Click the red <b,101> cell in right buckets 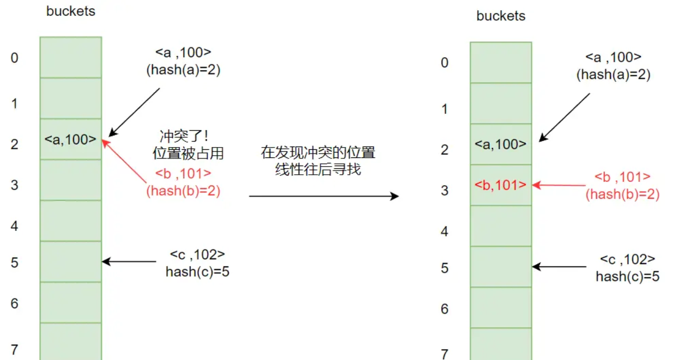pos(501,185)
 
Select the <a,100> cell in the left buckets pos(70,139)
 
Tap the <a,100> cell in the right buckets pos(501,144)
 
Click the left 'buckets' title pos(71,11)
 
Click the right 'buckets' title pos(501,16)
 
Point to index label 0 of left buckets pos(14,58)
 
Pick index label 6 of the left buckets pos(15,303)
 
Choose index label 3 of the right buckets pos(445,191)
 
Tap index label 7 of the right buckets pos(445,355)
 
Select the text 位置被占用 pos(188,154)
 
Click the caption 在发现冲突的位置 pos(318,152)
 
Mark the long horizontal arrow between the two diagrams pos(324,196)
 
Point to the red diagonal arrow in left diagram pos(129,158)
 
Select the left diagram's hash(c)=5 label pos(197,272)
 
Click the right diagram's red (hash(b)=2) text pos(622,194)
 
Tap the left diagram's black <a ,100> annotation pos(183,52)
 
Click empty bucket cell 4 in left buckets pos(70,221)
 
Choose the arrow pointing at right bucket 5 pos(558,267)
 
